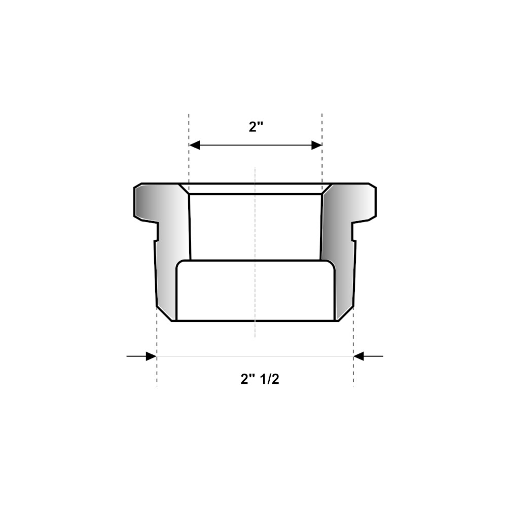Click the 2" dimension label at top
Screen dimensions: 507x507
coord(256,126)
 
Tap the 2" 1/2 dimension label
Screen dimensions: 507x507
coord(260,379)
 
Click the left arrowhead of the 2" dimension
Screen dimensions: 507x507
coord(194,145)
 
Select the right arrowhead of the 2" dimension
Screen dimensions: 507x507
coord(316,145)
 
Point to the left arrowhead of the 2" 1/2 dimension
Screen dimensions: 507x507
coord(152,356)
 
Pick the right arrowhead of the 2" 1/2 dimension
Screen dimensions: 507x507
coord(358,356)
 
